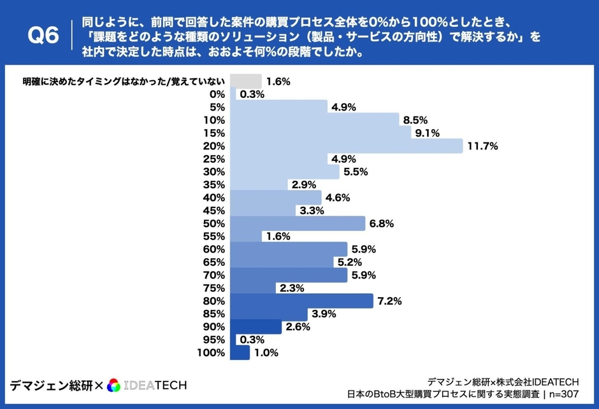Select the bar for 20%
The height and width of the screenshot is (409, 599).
(346, 146)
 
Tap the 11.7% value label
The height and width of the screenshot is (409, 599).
(482, 146)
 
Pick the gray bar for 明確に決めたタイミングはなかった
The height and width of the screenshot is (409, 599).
(245, 81)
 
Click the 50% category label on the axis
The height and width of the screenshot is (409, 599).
(214, 224)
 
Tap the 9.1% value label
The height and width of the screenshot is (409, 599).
(427, 133)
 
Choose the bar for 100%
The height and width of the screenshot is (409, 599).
(240, 353)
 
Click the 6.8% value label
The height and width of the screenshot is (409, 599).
(382, 224)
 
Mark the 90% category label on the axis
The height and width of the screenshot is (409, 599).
(214, 327)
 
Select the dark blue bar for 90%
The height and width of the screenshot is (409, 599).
(256, 327)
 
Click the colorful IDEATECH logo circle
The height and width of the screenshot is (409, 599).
(114, 385)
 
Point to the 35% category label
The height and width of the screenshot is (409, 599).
(214, 185)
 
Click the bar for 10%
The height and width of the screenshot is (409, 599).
(315, 120)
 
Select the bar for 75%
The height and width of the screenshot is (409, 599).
(252, 288)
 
